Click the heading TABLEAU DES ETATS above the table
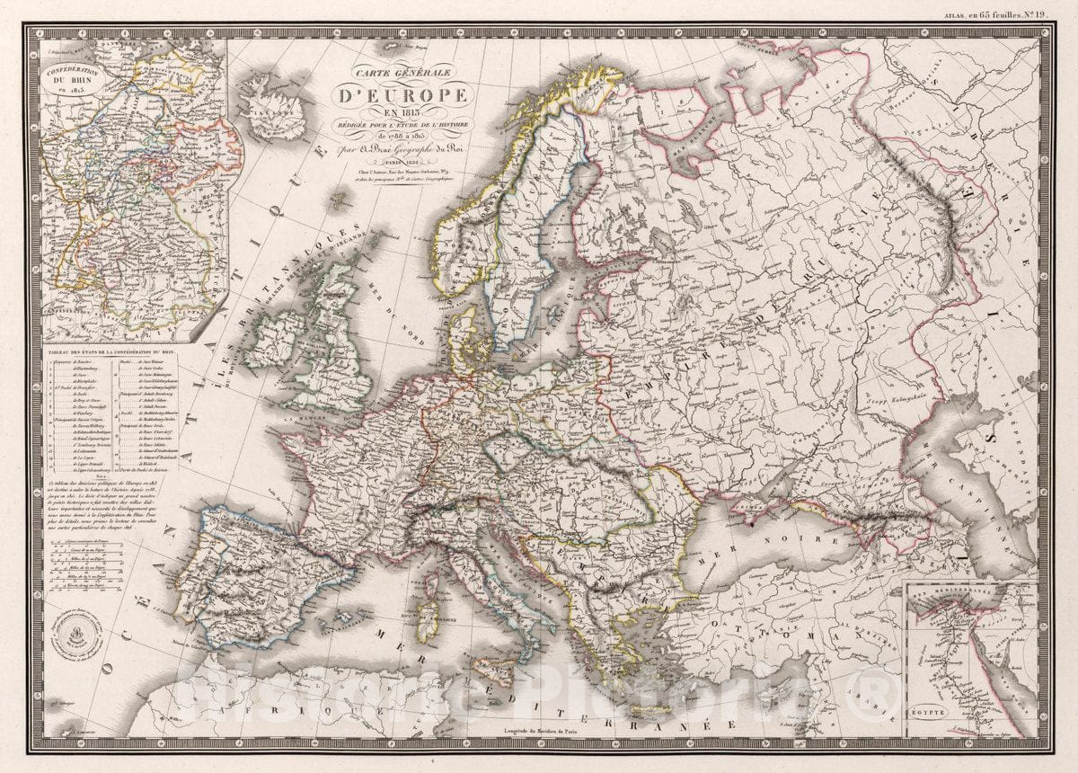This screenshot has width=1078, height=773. pos(112,353)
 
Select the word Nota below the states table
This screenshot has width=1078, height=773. pos(112,476)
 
